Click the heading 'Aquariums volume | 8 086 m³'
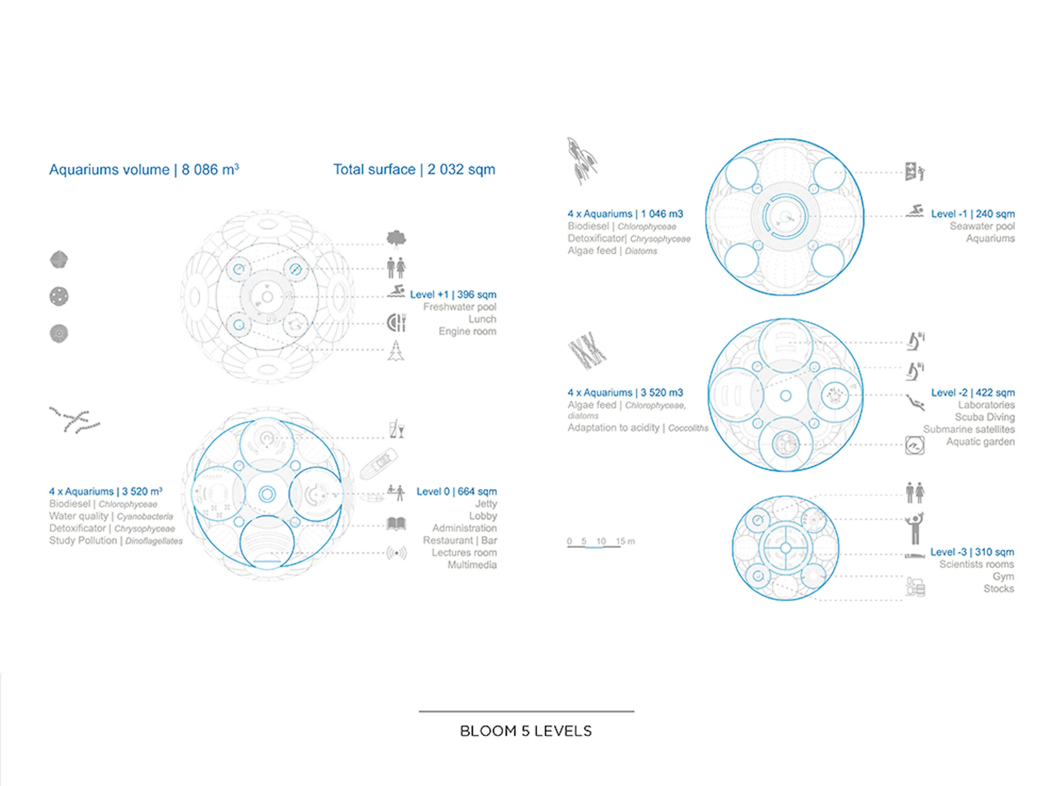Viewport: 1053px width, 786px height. coord(144,170)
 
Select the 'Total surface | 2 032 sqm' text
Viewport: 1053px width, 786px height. coord(414,169)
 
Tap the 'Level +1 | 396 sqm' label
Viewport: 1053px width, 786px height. coord(453,295)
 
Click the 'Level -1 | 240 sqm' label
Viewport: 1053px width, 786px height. coord(973,214)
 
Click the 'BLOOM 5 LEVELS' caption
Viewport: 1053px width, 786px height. coord(526,731)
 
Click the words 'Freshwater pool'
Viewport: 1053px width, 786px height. coord(459,307)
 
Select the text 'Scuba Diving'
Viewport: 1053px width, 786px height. coord(984,417)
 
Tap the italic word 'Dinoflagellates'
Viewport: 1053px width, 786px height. coord(154,541)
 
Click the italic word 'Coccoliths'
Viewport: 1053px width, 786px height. coord(688,428)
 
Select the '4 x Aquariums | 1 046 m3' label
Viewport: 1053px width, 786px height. coord(625,214)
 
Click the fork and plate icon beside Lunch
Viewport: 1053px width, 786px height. coord(396,323)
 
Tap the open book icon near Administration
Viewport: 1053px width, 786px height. coord(396,524)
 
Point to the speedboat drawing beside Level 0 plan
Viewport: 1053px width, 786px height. coord(379,463)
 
